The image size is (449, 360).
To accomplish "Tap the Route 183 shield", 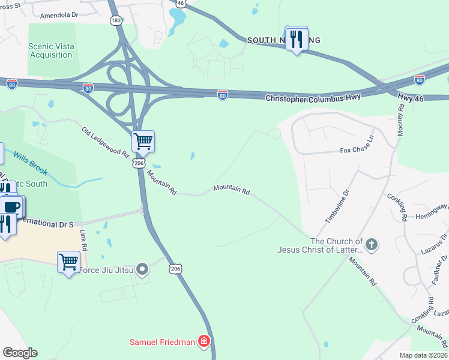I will pos(116,20).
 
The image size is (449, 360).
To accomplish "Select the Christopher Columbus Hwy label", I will pos(313,96).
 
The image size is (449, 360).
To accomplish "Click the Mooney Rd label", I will pos(400,119).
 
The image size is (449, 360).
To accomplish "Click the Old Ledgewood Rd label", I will pos(106,142).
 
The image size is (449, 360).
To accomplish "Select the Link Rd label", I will pos(83,239).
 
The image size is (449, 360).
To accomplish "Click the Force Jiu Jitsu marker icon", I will pos(142,269).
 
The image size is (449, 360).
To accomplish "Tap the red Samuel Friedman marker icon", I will pos(205,342).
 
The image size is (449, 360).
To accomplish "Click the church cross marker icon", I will pos(372,244).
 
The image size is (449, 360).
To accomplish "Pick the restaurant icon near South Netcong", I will pos(296,39).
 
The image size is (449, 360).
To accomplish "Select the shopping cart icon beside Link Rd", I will pos(68,262).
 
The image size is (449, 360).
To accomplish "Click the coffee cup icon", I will pos(13,207).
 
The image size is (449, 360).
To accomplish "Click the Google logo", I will pos(20,353).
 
